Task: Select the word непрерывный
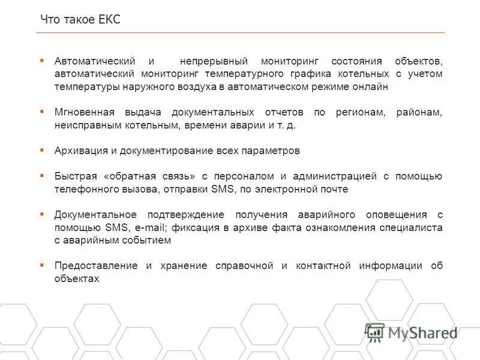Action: click(x=214, y=61)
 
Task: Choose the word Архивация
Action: click(x=77, y=151)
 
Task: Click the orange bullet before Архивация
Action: click(x=42, y=149)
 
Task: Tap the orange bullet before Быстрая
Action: click(x=42, y=175)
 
